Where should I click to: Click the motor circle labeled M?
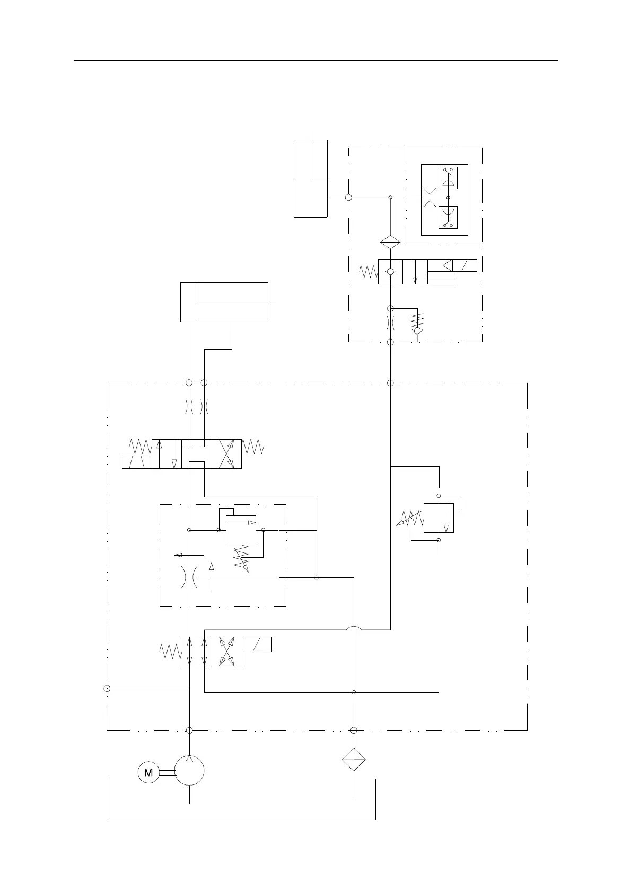tap(148, 772)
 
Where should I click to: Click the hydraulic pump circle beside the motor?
tap(189, 771)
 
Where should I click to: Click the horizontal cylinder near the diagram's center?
tap(224, 302)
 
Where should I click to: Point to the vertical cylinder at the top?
tap(311, 179)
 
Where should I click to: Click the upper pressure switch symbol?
tap(448, 177)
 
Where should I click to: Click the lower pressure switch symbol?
tap(448, 218)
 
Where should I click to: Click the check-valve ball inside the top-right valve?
tap(390, 272)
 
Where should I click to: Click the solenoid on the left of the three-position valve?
tap(137, 461)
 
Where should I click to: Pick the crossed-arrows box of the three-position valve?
tap(226, 453)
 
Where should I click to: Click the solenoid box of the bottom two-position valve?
tap(257, 644)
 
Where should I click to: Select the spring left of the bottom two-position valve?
tap(171, 652)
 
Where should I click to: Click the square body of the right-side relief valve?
tap(439, 518)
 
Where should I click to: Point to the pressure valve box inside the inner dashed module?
tap(241, 530)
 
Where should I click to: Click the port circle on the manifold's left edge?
tap(107, 689)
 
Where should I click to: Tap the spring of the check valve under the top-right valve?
tap(418, 319)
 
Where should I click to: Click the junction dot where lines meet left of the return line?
tap(317, 577)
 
